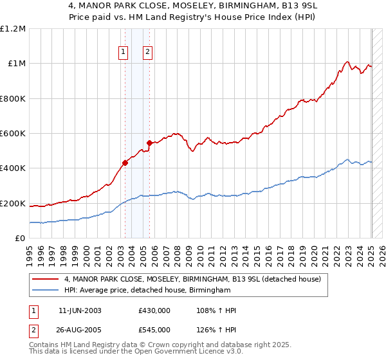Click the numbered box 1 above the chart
[x=122, y=53]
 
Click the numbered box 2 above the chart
[x=147, y=53]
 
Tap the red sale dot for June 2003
[x=125, y=163]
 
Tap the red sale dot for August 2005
[x=149, y=143]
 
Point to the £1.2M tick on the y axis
[x=13, y=29]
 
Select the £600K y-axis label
[x=13, y=134]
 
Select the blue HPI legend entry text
[x=147, y=291]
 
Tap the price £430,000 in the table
[x=154, y=310]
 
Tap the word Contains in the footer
[x=45, y=345]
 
